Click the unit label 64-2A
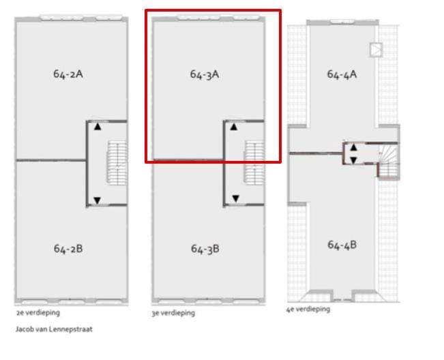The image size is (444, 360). [68, 74]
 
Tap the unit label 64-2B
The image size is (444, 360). [68, 249]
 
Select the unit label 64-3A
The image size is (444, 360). [205, 74]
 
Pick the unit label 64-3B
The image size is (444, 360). [205, 249]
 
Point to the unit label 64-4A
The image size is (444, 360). [342, 74]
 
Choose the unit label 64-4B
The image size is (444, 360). [342, 245]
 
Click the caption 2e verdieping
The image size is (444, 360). [38, 313]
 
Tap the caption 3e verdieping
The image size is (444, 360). [173, 314]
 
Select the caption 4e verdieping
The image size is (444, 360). [308, 309]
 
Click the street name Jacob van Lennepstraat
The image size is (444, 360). [54, 329]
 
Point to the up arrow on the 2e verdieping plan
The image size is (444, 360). [98, 127]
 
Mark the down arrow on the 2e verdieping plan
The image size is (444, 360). [98, 200]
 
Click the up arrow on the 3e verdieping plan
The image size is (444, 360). [234, 127]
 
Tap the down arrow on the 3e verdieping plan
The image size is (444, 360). [235, 198]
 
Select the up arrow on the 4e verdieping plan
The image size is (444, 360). [353, 147]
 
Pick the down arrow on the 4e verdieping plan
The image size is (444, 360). [353, 160]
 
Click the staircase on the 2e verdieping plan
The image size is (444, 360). [117, 164]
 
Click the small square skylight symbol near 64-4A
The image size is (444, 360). [376, 50]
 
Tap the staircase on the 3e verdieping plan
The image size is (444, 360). [254, 163]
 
